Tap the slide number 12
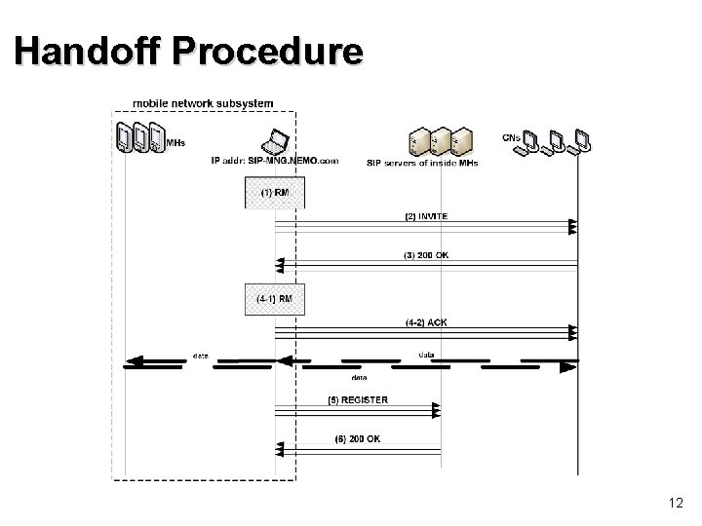(x=675, y=503)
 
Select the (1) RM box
(x=274, y=192)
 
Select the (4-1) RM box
(x=274, y=298)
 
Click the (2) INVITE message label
(x=427, y=216)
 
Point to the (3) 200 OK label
(x=427, y=255)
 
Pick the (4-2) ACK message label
(x=427, y=322)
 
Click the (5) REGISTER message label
(x=357, y=400)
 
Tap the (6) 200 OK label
(x=357, y=438)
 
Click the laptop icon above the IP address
(x=275, y=141)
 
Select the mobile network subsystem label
(x=203, y=102)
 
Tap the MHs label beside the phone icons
(x=175, y=143)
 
